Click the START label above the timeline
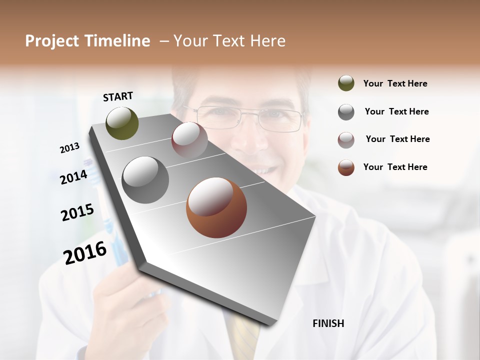click(118, 96)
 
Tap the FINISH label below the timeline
click(328, 323)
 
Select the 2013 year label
click(69, 148)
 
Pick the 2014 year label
click(74, 177)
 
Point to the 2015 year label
click(77, 212)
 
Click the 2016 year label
click(85, 252)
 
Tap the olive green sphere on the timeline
click(122, 123)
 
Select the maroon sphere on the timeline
click(189, 140)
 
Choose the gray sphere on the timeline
click(145, 180)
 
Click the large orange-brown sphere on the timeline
click(216, 207)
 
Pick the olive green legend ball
click(346, 83)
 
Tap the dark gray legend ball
click(346, 112)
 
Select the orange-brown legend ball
click(346, 167)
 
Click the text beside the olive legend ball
click(395, 83)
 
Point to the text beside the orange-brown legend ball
click(395, 167)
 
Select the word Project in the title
click(52, 41)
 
